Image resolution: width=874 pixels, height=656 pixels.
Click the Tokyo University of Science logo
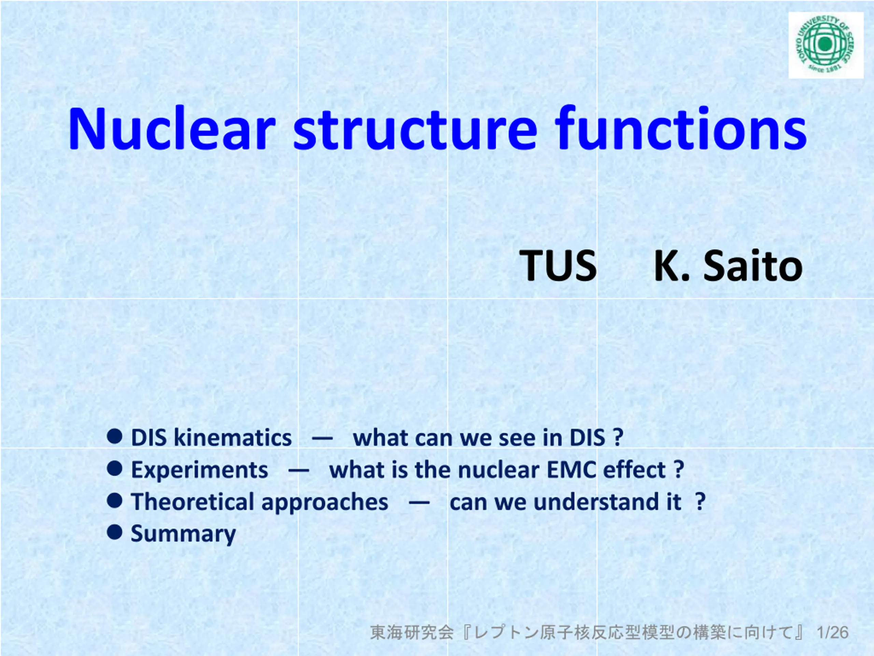point(826,45)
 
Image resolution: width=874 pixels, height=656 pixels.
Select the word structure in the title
point(415,128)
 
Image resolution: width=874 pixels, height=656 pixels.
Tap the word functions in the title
point(681,128)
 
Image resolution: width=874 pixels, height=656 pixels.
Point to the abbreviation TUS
point(558,266)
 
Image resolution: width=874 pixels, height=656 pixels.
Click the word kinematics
point(233,438)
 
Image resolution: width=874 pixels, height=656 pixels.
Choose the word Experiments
point(199,470)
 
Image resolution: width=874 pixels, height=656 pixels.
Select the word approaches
point(325,503)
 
